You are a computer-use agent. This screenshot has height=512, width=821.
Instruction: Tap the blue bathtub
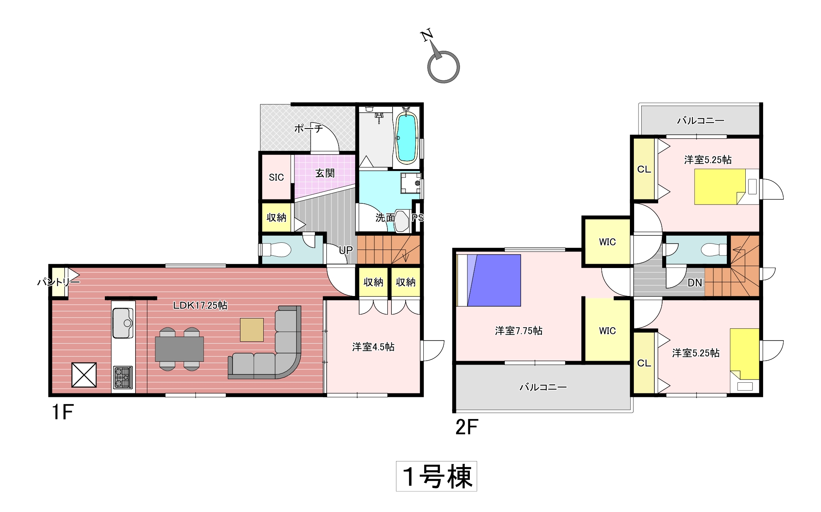[x=406, y=138]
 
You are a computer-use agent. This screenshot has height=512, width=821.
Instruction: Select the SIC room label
[x=276, y=177]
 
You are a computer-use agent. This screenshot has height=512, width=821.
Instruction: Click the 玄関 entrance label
[x=325, y=173]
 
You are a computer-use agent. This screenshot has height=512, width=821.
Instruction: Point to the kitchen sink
[x=123, y=323]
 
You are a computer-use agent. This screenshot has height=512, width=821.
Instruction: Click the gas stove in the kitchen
[x=123, y=377]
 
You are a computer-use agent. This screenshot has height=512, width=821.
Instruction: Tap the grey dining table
[x=179, y=349]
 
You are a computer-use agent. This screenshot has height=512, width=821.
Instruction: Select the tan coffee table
[x=252, y=330]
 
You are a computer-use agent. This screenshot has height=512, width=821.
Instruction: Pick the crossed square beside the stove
[x=84, y=375]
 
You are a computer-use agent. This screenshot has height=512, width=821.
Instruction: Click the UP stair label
[x=346, y=250]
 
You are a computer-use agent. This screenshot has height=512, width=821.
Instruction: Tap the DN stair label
[x=695, y=283]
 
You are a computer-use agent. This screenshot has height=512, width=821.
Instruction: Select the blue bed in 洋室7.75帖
[x=489, y=280]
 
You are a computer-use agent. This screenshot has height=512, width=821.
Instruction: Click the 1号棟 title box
[x=436, y=476]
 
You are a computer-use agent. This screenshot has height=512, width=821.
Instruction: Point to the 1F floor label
[x=63, y=412]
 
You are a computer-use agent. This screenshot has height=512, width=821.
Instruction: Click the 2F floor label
[x=467, y=427]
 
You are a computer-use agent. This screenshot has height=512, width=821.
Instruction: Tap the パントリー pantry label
[x=58, y=282]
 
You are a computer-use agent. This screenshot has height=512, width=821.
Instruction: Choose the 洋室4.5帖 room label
[x=373, y=347]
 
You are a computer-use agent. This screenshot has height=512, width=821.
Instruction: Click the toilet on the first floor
[x=276, y=249]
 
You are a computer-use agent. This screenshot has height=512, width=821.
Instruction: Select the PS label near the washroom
[x=417, y=218]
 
